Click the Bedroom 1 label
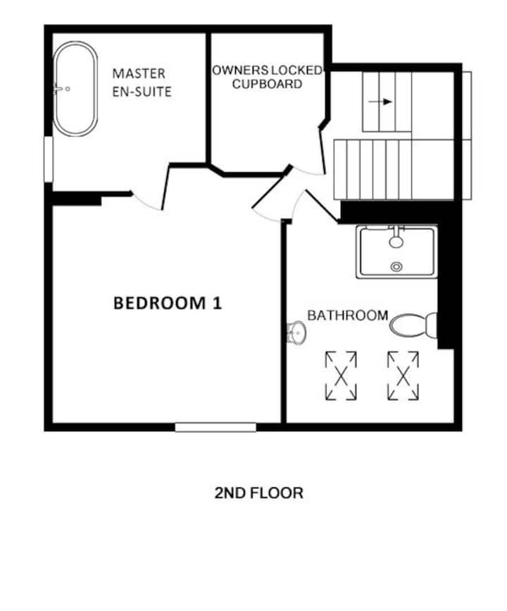click(168, 303)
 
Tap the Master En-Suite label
click(142, 82)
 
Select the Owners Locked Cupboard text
click(267, 77)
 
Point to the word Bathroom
click(348, 315)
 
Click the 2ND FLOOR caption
click(258, 493)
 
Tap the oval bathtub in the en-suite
click(75, 89)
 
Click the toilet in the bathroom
click(413, 325)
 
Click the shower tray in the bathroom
click(397, 252)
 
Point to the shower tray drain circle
click(396, 267)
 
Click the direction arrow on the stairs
click(380, 102)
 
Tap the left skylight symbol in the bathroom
click(341, 376)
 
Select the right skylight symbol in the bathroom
click(403, 376)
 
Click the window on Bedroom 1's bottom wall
click(215, 428)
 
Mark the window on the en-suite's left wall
click(49, 159)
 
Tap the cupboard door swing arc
click(308, 171)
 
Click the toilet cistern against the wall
click(432, 325)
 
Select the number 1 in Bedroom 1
click(218, 303)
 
